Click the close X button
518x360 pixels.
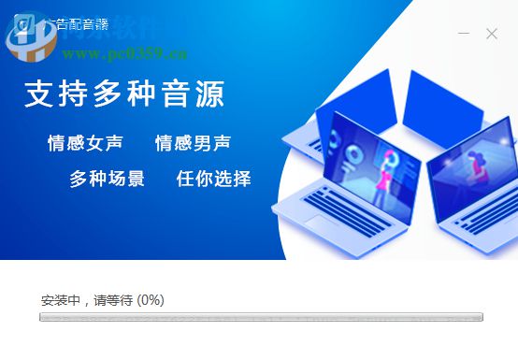[492, 34]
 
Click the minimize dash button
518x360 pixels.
[463, 34]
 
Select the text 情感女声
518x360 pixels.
[86, 144]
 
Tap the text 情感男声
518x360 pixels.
[193, 144]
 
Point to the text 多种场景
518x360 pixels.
[107, 179]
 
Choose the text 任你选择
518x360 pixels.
[214, 179]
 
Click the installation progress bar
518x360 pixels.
[261, 317]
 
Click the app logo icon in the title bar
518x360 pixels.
[21, 25]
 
